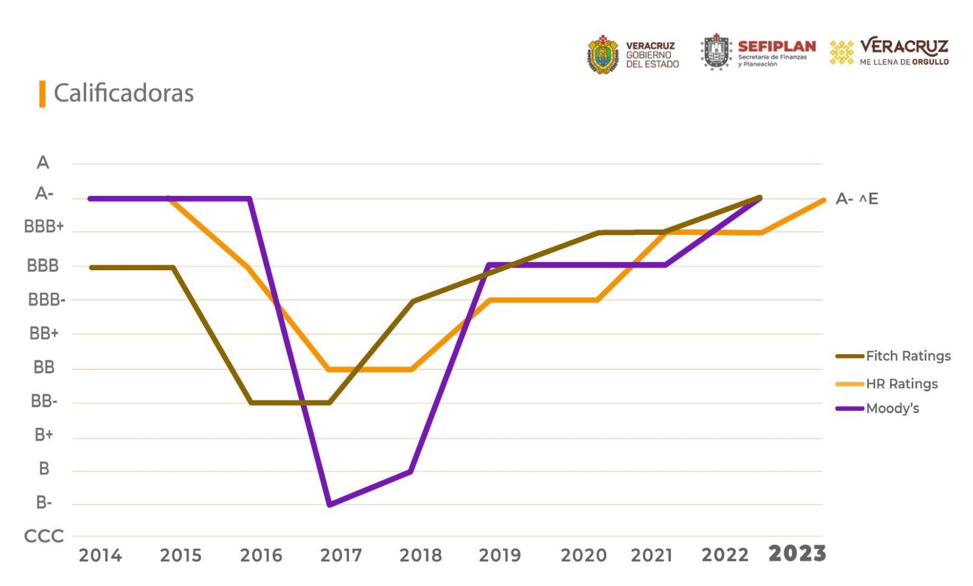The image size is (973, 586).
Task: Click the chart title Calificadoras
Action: (x=123, y=93)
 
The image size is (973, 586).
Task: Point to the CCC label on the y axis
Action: (x=44, y=536)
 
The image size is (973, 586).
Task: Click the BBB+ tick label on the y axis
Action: (x=44, y=227)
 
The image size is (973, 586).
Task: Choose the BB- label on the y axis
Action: (x=44, y=402)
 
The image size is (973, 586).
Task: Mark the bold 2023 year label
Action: (x=797, y=554)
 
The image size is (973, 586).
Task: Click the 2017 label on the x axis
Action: (x=341, y=555)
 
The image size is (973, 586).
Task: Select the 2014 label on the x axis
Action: (x=100, y=555)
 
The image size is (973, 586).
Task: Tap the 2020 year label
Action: (x=583, y=555)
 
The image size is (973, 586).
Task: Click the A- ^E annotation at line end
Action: (x=856, y=199)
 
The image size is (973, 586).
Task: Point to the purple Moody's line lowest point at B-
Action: (x=329, y=504)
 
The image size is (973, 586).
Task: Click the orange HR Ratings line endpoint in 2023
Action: (x=823, y=200)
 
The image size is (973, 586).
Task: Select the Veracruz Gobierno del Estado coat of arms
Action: (x=603, y=55)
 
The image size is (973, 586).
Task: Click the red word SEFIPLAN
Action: (x=777, y=46)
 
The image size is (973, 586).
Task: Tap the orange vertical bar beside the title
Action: (x=43, y=94)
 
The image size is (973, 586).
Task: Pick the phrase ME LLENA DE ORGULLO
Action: (x=904, y=62)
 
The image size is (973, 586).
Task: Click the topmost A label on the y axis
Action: (x=43, y=162)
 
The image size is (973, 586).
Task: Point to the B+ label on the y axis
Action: (x=44, y=435)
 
